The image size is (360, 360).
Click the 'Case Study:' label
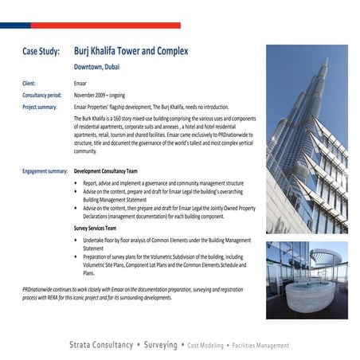tap(41, 52)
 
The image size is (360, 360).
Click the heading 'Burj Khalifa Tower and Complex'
tap(131, 51)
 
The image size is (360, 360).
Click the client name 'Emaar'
tap(81, 83)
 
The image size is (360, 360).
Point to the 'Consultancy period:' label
tap(45, 95)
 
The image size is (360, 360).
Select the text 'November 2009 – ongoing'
tap(110, 95)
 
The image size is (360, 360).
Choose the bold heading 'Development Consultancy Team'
tap(116, 171)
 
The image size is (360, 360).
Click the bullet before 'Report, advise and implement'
tap(76, 183)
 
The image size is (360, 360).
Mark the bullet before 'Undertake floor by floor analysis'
tap(76, 240)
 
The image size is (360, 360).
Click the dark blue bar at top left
tap(15, 25)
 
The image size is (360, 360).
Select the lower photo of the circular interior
tap(307, 280)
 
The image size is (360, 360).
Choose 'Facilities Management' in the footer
tap(259, 346)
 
